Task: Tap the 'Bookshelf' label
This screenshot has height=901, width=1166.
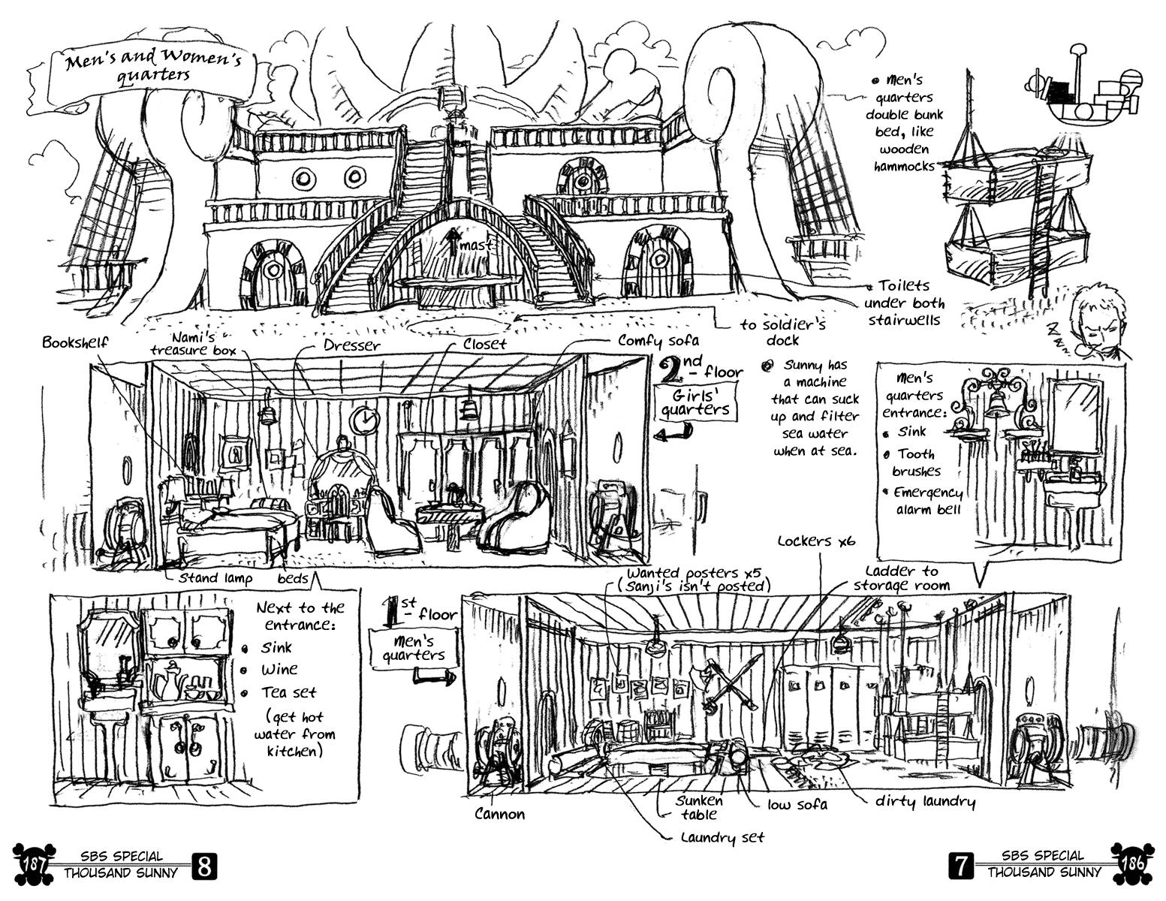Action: click(75, 342)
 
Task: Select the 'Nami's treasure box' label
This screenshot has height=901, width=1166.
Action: click(193, 344)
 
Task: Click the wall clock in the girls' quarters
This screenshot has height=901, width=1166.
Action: click(365, 419)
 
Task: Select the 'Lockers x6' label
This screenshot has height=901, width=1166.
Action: click(815, 541)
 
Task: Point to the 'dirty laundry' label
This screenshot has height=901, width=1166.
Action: click(925, 802)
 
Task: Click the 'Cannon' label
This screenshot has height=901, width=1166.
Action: click(499, 814)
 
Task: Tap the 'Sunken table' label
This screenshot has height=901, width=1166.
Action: click(698, 807)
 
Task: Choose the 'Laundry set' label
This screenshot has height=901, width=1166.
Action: click(722, 836)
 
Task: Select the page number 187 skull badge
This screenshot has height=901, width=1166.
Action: click(31, 863)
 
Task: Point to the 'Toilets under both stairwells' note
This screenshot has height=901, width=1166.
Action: click(904, 303)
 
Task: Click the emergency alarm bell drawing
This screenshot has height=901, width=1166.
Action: click(996, 402)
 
